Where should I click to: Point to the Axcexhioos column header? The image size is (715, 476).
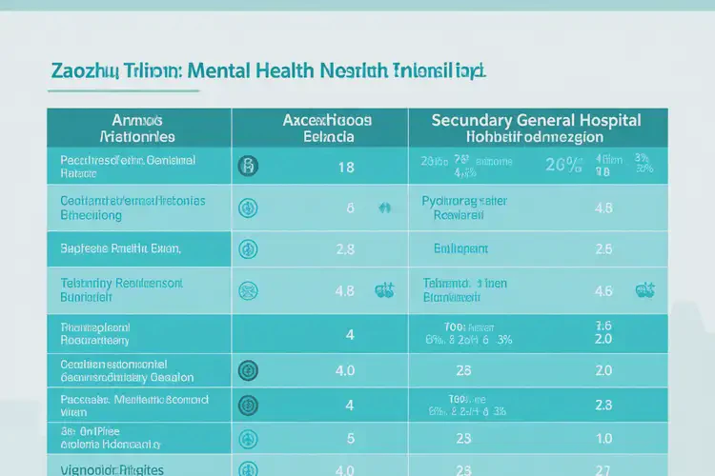tap(328, 121)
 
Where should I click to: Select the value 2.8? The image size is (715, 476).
tap(345, 249)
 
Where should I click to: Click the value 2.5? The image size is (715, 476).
tap(603, 249)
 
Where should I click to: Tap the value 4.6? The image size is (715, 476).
tap(603, 290)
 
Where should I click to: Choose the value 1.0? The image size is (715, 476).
tap(603, 439)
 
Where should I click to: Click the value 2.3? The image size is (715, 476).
tap(603, 405)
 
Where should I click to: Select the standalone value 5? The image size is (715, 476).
tap(350, 439)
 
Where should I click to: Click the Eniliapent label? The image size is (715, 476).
tap(461, 249)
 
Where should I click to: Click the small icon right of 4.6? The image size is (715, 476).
tap(644, 289)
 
